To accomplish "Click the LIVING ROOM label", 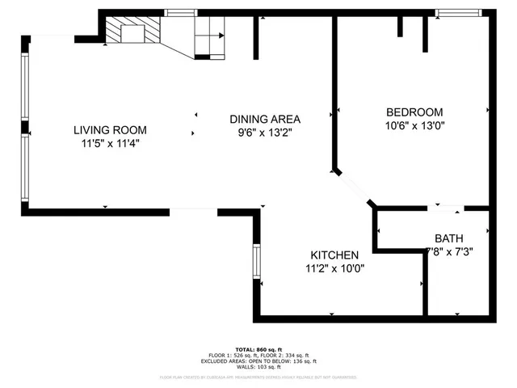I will point(110,129).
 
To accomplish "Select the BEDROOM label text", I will point(415,112).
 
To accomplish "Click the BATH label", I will point(448,238).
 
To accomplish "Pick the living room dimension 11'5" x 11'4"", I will point(110,144).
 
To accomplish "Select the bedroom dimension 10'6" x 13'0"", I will point(415,126).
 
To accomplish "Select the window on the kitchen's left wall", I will point(257,261).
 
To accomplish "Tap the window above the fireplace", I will point(179,13).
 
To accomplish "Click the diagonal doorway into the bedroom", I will point(354,188).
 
